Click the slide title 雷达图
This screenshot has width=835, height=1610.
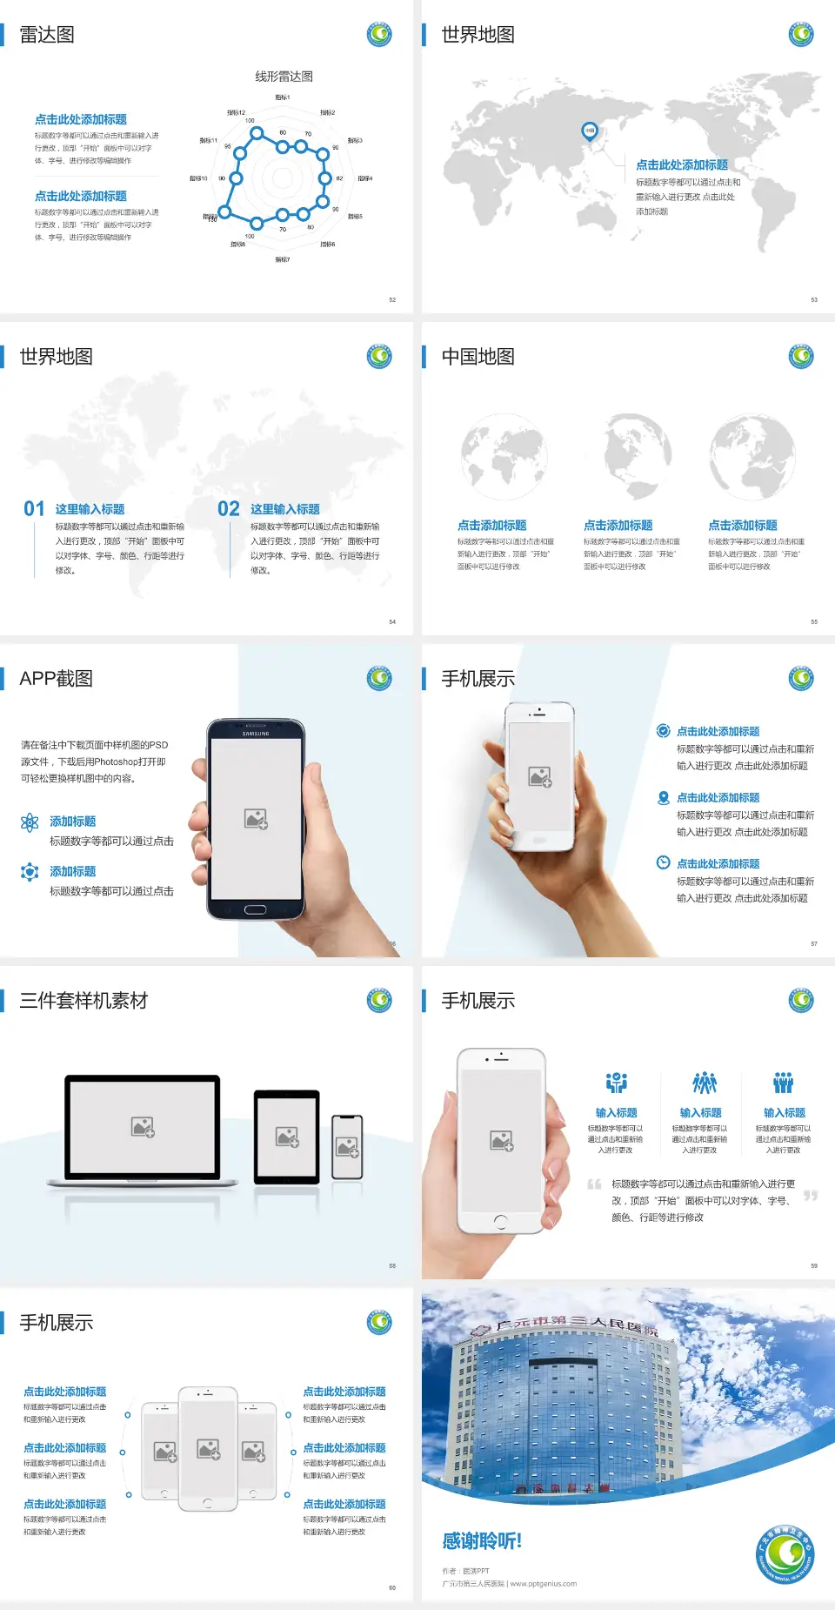click(47, 35)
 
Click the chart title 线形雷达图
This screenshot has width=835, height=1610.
click(284, 77)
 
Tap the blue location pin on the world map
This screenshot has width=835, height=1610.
click(589, 131)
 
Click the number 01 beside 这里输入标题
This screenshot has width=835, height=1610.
click(34, 509)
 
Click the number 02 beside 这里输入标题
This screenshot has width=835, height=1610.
click(229, 509)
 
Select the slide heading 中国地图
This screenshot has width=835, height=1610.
click(478, 357)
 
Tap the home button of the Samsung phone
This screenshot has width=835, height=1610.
click(255, 909)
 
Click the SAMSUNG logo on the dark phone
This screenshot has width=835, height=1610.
click(256, 734)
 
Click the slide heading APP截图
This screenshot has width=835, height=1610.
click(56, 679)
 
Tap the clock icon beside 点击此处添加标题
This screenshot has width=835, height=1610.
click(663, 862)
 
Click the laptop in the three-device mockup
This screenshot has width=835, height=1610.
click(143, 1129)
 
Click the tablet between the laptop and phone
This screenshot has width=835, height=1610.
click(287, 1137)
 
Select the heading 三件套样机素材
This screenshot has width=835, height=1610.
click(83, 1001)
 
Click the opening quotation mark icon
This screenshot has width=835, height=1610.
click(594, 1184)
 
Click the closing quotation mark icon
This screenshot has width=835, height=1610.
click(810, 1196)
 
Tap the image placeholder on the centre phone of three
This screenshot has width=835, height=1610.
click(208, 1449)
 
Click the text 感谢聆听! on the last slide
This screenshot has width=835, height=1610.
click(482, 1541)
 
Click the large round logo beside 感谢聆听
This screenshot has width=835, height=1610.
click(785, 1554)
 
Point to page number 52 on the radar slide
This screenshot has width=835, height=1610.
click(392, 299)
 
